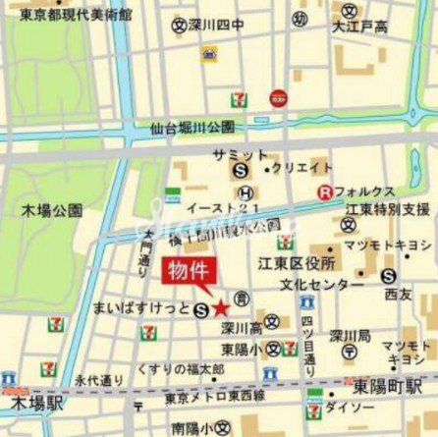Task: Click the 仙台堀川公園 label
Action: click(192, 128)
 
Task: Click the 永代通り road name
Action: click(99, 378)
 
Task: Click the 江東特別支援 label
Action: click(386, 209)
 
